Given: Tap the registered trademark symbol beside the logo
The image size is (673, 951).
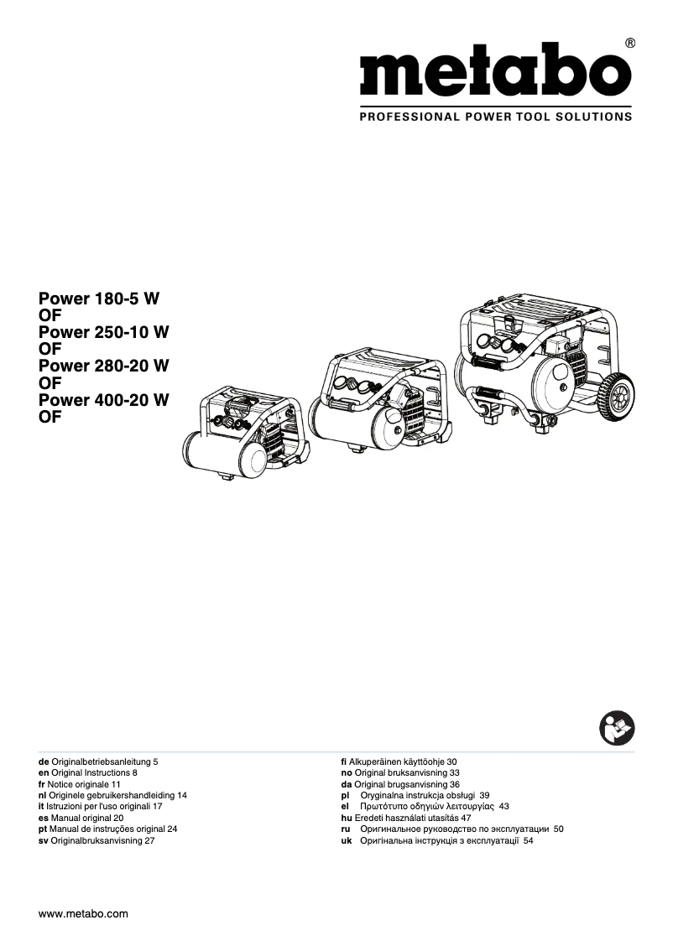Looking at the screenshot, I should tap(629, 43).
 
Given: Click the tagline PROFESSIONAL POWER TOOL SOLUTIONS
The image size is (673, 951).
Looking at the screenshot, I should tap(495, 117).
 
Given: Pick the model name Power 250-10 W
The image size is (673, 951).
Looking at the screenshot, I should tap(104, 332).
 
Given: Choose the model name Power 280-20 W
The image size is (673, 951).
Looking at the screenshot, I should tap(104, 366).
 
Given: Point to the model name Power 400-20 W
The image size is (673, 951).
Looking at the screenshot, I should tap(104, 400).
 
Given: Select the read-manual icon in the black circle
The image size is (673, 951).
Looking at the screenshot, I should tap(618, 726).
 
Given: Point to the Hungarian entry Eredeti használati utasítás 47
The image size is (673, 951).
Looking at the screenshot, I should tap(406, 817).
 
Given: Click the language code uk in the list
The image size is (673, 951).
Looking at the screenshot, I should tap(346, 839).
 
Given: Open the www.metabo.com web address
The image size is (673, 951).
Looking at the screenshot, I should tap(83, 914).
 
